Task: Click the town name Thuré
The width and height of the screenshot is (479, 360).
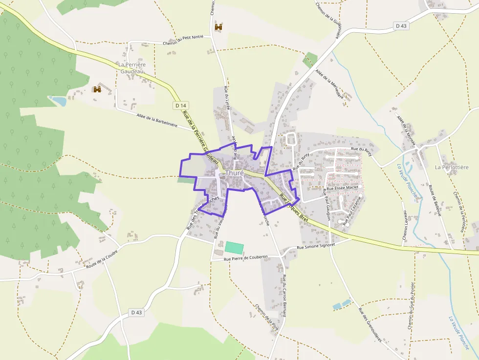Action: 235,173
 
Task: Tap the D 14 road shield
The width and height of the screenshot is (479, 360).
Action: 180,106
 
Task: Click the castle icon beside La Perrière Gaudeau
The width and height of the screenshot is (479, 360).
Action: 97,89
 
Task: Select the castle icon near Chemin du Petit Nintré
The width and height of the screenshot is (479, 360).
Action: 218,27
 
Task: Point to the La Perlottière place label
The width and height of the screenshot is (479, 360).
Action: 452,167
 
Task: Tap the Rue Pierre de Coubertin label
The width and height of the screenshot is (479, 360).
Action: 246,257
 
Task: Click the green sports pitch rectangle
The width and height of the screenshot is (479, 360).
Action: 234,247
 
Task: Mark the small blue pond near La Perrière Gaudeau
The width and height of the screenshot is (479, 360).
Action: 59,101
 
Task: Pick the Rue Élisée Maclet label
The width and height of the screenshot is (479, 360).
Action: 343,188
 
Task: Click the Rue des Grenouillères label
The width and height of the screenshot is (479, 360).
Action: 370,325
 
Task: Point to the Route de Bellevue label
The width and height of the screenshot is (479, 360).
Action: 435,200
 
